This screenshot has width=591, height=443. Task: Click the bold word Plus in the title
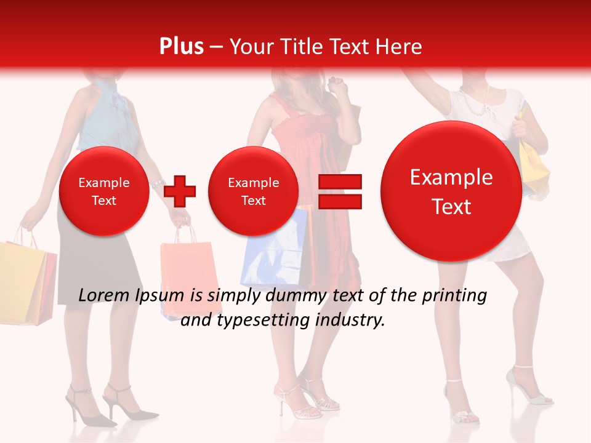181,47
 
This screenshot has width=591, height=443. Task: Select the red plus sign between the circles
180,191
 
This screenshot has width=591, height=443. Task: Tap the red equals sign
339,191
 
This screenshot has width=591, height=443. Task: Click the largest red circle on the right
451,191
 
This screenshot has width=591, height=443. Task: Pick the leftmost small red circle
104,191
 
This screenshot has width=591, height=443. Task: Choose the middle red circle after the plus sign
254,191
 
